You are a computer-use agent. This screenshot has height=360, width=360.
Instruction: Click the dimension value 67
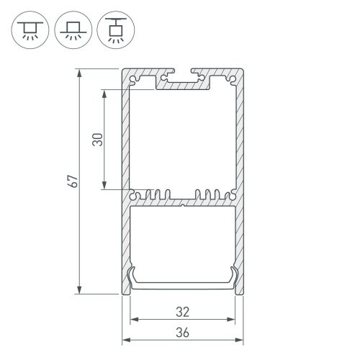(71, 182)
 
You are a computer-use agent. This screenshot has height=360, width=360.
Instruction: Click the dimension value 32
(183, 312)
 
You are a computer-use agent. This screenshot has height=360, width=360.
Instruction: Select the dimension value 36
(183, 332)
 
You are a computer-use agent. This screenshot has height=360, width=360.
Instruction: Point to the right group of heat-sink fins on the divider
(210, 194)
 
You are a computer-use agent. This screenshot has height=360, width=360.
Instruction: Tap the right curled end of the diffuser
(234, 277)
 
